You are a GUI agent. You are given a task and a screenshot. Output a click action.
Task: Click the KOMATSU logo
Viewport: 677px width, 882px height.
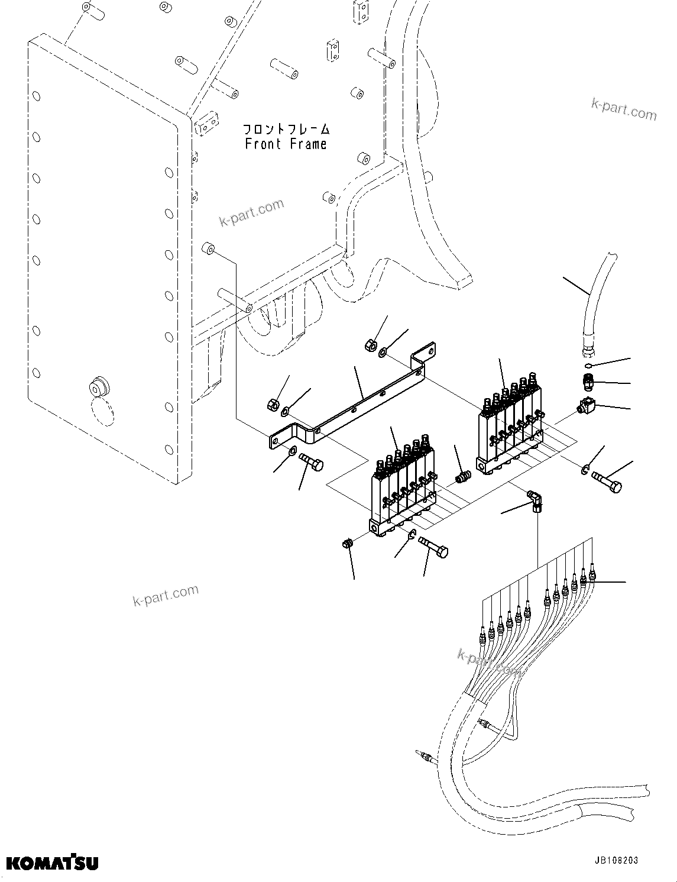pyautogui.click(x=53, y=862)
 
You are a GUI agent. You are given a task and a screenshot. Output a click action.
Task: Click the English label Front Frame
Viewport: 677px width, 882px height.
pyautogui.click(x=286, y=144)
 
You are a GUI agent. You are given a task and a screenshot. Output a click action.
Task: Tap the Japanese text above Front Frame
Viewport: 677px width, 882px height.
pyautogui.click(x=286, y=128)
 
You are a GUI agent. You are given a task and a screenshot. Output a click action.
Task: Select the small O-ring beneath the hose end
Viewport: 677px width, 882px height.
pyautogui.click(x=591, y=364)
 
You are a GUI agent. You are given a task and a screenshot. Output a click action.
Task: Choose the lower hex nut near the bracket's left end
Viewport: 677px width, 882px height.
pyautogui.click(x=273, y=405)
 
